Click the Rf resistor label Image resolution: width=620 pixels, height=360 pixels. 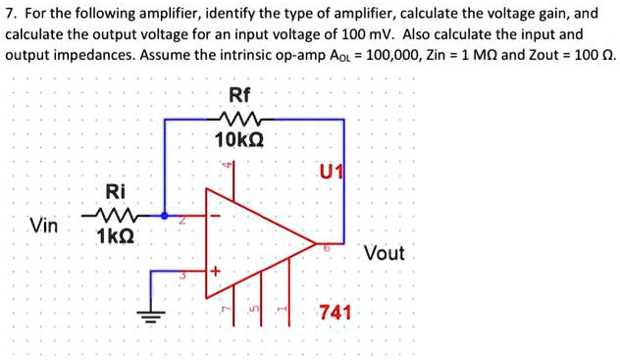(x=239, y=95)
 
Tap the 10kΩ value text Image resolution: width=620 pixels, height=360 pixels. (x=238, y=141)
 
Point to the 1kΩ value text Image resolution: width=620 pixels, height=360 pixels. (x=115, y=236)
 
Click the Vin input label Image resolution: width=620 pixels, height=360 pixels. (x=43, y=226)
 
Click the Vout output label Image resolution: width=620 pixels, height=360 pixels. (x=384, y=253)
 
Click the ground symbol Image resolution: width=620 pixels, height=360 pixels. (x=151, y=314)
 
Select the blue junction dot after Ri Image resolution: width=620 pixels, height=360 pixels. (x=164, y=215)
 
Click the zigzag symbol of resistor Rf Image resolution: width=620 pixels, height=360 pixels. (x=239, y=119)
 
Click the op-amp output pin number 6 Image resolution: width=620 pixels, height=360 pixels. (x=327, y=251)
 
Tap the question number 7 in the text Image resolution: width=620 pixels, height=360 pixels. (x=11, y=14)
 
